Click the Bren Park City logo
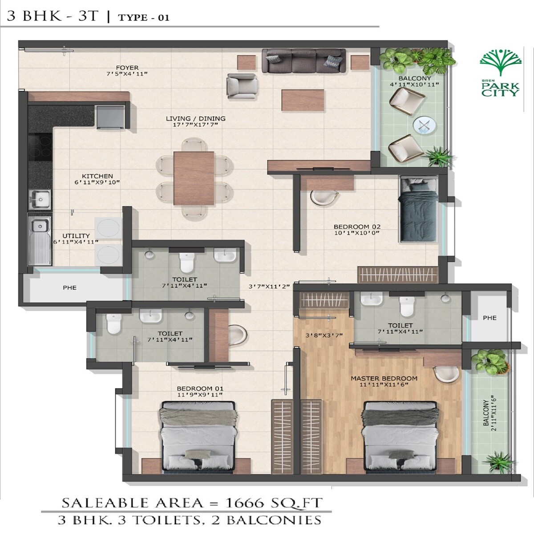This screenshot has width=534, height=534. [x=500, y=73]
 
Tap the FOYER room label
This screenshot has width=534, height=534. [x=127, y=68]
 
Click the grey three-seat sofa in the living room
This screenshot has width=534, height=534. [x=303, y=61]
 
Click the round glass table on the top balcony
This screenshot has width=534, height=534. [x=423, y=125]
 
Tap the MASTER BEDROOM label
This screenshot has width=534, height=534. [x=384, y=379]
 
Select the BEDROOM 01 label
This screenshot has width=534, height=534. [x=200, y=388]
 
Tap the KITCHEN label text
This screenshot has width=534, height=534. [x=97, y=176]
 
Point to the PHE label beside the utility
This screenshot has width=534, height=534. [x=69, y=287]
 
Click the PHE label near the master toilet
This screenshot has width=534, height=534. [x=489, y=318]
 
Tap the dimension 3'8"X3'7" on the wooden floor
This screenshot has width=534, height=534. [x=324, y=336]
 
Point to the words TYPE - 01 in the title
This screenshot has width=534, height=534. [x=143, y=18]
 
